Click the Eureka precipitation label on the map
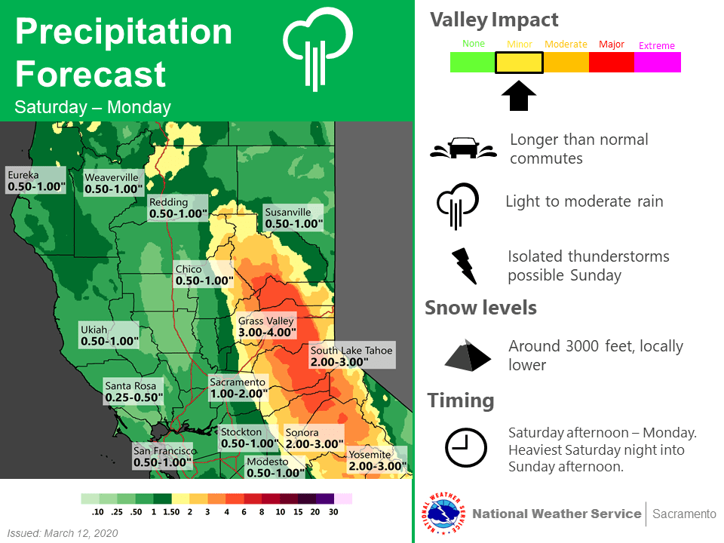click(36, 180)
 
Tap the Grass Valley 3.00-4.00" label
click(266, 327)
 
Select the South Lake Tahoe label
click(352, 355)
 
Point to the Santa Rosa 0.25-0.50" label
click(133, 391)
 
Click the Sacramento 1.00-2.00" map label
click(238, 388)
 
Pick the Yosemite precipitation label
click(377, 460)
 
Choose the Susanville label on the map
click(293, 218)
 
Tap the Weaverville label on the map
click(113, 183)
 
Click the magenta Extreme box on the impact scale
click(658, 63)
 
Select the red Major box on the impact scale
click(612, 63)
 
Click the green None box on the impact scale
click(473, 63)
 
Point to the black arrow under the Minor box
click(519, 96)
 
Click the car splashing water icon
click(464, 148)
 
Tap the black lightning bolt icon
click(464, 266)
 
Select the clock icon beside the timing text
click(465, 447)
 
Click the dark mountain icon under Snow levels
click(468, 355)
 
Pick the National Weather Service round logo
click(443, 514)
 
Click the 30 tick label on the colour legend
click(333, 512)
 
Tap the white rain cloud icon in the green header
click(318, 48)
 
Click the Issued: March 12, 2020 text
click(63, 533)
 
